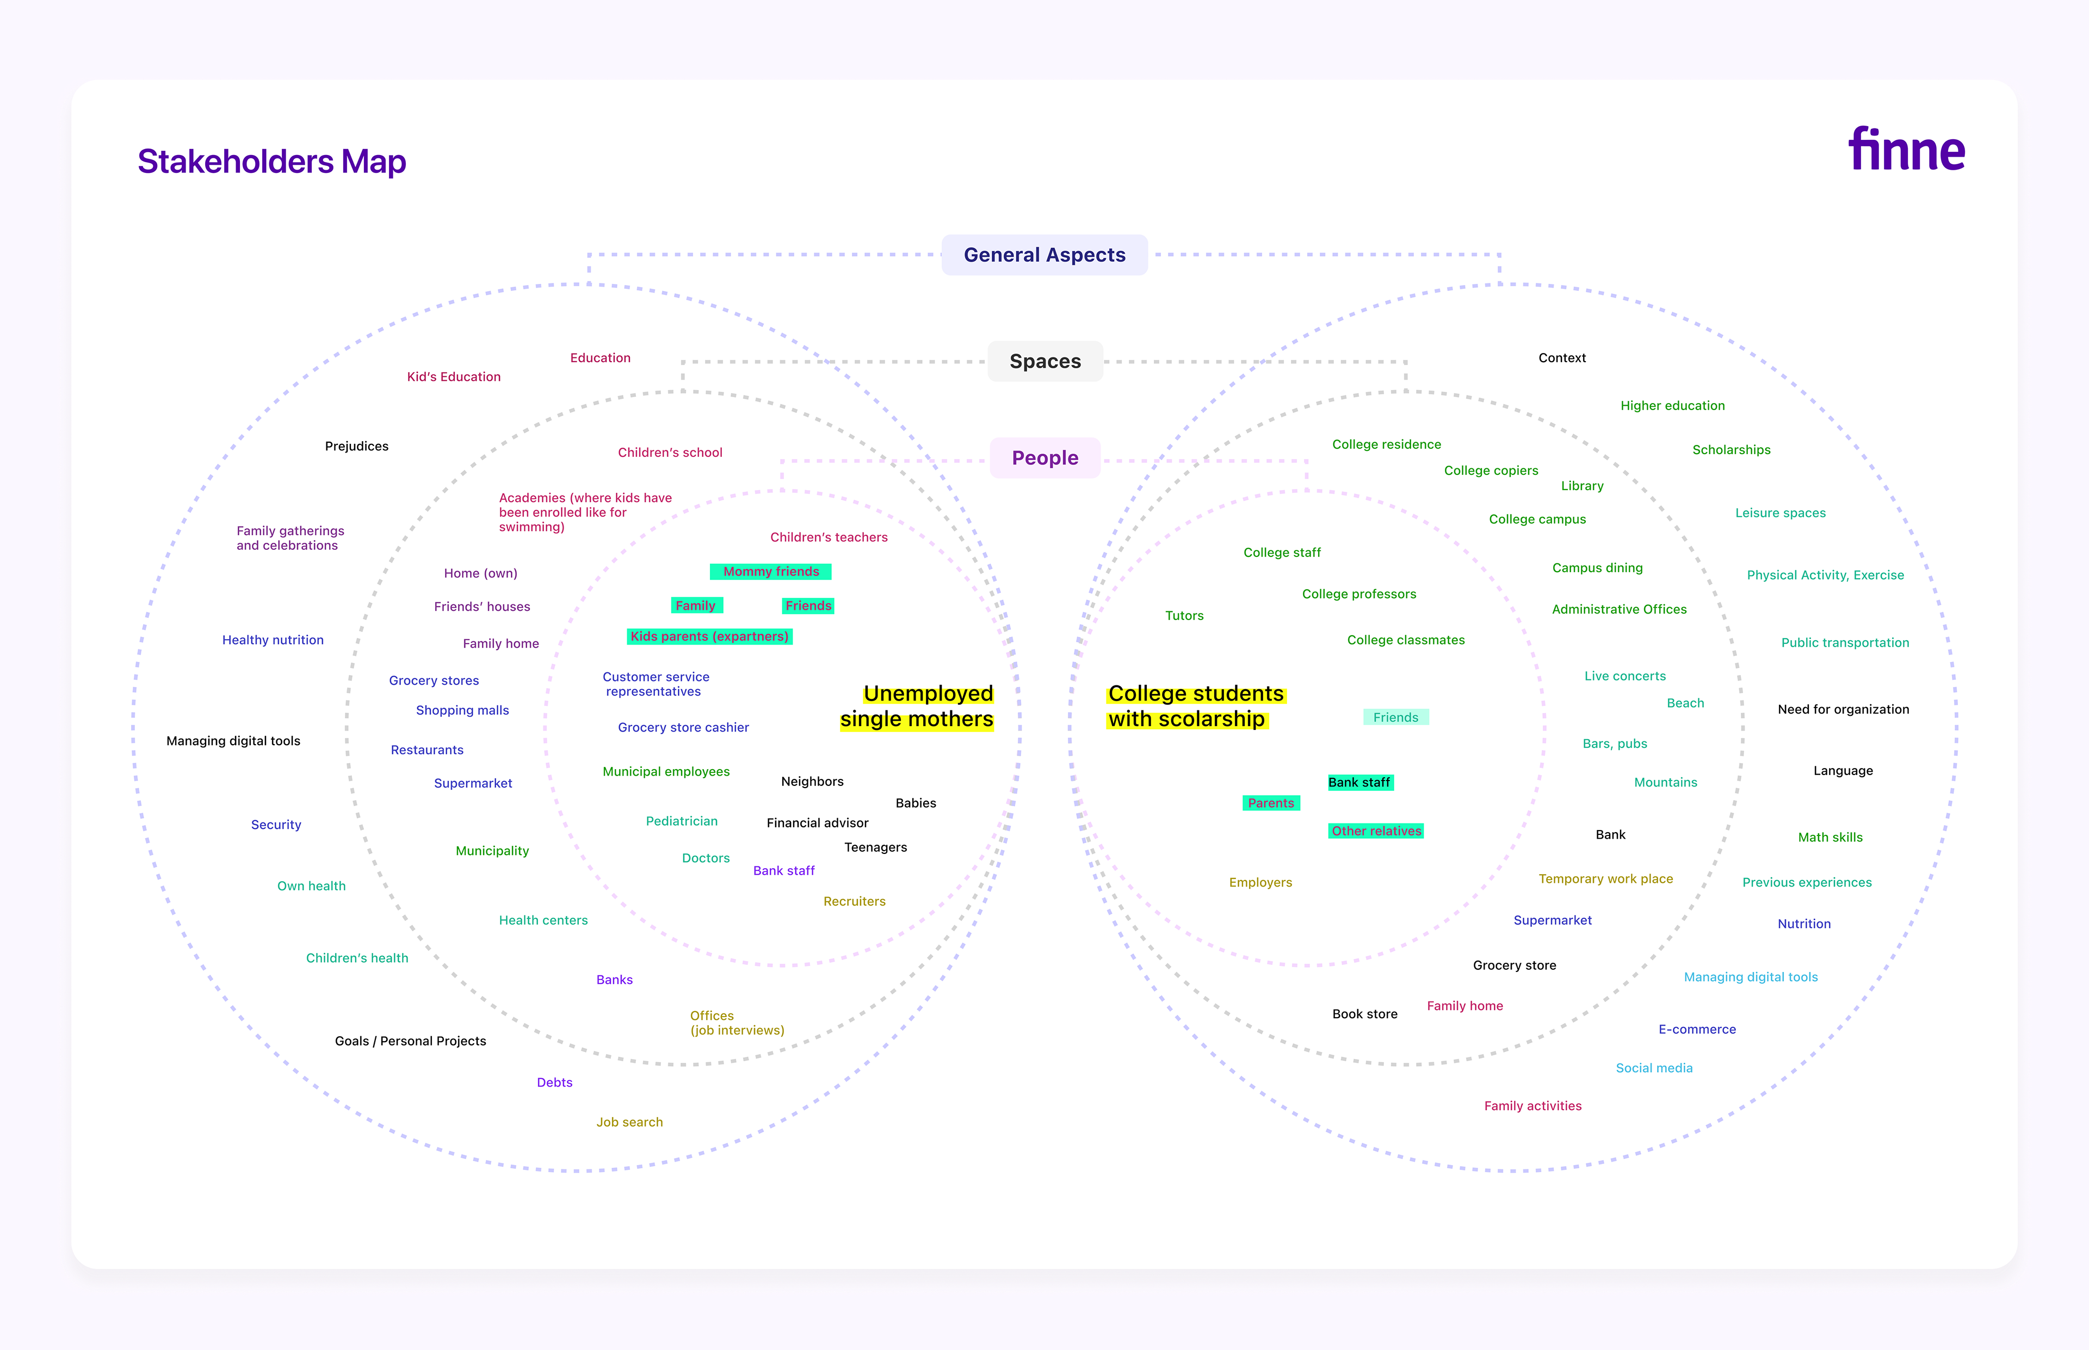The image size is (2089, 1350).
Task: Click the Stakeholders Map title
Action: pyautogui.click(x=272, y=162)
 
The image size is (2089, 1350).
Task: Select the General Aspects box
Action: pyautogui.click(x=1044, y=255)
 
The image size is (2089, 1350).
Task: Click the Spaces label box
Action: pyautogui.click(x=1045, y=361)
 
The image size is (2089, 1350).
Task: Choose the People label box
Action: pyautogui.click(x=1045, y=457)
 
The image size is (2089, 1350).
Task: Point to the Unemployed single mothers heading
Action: pyautogui.click(x=917, y=707)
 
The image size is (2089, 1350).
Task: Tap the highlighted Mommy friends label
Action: pyautogui.click(x=770, y=572)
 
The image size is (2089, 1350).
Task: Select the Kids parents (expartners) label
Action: pyautogui.click(x=709, y=636)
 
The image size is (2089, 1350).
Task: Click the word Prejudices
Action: pyautogui.click(x=357, y=446)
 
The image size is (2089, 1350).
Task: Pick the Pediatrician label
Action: pyautogui.click(x=681, y=821)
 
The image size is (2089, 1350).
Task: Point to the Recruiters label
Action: pyautogui.click(x=854, y=901)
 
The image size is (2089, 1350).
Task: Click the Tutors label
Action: pyautogui.click(x=1184, y=615)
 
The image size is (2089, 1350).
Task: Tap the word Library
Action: pyautogui.click(x=1581, y=486)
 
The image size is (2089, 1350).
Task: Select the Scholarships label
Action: pyautogui.click(x=1730, y=450)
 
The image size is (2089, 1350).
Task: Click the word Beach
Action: pyautogui.click(x=1685, y=703)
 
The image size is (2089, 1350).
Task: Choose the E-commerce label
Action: pyautogui.click(x=1696, y=1029)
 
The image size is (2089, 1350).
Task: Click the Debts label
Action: pyautogui.click(x=554, y=1082)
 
